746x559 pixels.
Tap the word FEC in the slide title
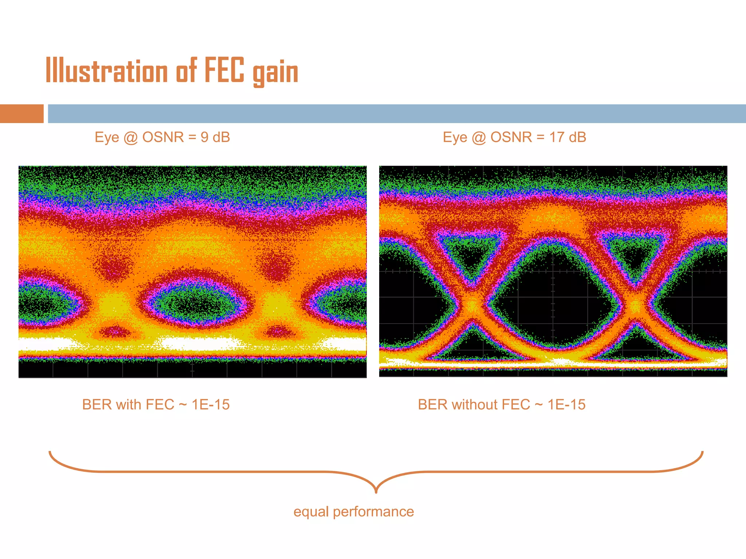[x=224, y=70]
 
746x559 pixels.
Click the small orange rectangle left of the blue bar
[x=21, y=114]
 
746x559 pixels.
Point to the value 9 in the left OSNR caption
[x=204, y=138]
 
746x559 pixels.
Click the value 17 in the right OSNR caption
[x=557, y=138]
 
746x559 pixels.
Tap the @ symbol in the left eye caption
[x=130, y=138]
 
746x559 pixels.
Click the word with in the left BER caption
[x=128, y=405]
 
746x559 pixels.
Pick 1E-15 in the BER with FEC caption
[x=211, y=405]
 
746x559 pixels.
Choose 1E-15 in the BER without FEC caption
[x=566, y=405]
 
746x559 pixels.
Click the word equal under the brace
[x=311, y=512]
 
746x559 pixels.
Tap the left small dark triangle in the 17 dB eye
[x=471, y=255]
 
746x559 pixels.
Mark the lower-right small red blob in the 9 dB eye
[x=278, y=332]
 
